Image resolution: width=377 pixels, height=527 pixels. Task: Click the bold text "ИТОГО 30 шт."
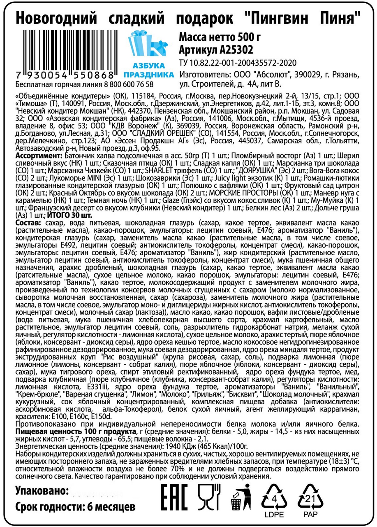(69, 215)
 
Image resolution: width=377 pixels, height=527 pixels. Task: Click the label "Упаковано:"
(42, 491)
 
